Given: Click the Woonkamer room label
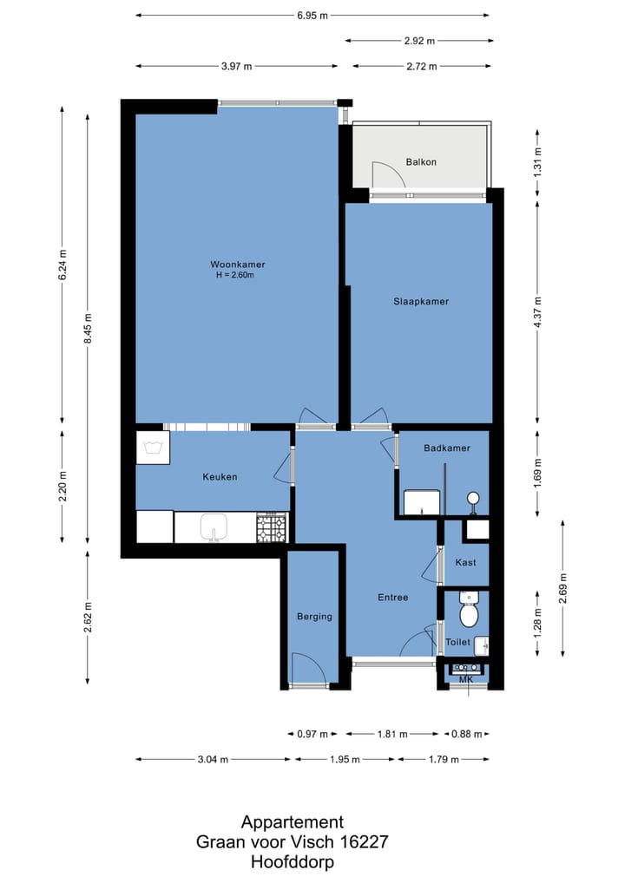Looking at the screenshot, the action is pyautogui.click(x=237, y=264).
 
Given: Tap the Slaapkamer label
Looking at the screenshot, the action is pyautogui.click(x=421, y=301).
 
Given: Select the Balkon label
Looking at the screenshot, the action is pyautogui.click(x=421, y=162).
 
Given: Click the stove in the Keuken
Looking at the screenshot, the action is pyautogui.click(x=273, y=528).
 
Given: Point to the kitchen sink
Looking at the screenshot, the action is pyautogui.click(x=214, y=527).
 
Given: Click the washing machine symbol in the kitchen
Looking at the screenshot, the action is pyautogui.click(x=153, y=448).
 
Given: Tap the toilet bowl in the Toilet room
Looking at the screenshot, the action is pyautogui.click(x=469, y=611).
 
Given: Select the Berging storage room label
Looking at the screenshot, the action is pyautogui.click(x=314, y=617).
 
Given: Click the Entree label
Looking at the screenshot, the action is pyautogui.click(x=393, y=598).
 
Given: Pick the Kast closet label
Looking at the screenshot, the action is pyautogui.click(x=465, y=563).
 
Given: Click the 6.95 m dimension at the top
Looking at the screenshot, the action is pyautogui.click(x=312, y=16).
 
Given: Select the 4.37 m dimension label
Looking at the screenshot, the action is pyautogui.click(x=537, y=312).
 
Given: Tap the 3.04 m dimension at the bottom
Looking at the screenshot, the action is pyautogui.click(x=213, y=760).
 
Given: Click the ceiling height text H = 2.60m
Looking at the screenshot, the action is pyautogui.click(x=235, y=275).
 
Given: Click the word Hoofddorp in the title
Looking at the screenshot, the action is pyautogui.click(x=293, y=861).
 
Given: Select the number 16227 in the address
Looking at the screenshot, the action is pyautogui.click(x=364, y=842).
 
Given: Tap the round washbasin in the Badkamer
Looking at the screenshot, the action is pyautogui.click(x=473, y=498).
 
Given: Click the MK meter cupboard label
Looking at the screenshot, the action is pyautogui.click(x=466, y=680).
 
